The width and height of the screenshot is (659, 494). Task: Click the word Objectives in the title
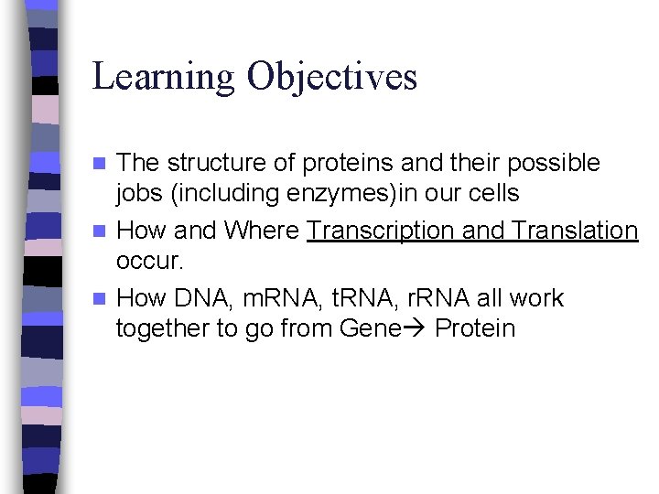click(331, 76)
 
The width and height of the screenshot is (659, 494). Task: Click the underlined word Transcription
click(380, 231)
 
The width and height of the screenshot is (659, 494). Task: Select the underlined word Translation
click(576, 231)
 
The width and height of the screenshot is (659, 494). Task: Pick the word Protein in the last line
click(475, 328)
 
